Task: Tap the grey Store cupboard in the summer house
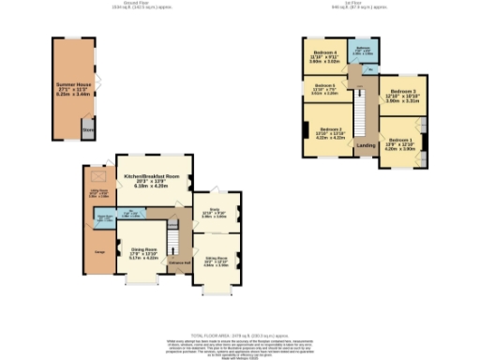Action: click(x=87, y=129)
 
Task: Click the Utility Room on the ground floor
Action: click(x=97, y=194)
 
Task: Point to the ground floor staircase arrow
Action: click(x=173, y=223)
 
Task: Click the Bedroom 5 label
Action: click(x=322, y=90)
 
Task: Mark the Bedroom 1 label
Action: click(x=400, y=142)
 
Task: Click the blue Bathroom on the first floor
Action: click(x=363, y=51)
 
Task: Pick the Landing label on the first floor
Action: click(x=367, y=144)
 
